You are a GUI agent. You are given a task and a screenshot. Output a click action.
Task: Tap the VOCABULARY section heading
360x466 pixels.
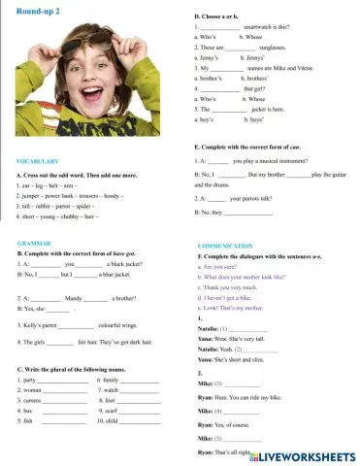[38, 160]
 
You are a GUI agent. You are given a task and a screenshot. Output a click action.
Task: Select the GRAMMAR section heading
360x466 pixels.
[34, 242]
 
